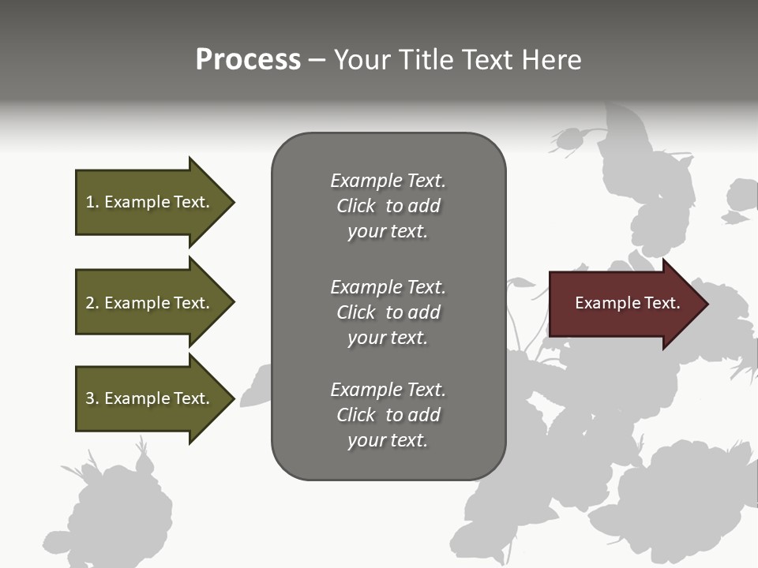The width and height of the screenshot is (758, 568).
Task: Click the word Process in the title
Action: [x=248, y=60]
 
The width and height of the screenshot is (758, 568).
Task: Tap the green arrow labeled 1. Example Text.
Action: [x=150, y=202]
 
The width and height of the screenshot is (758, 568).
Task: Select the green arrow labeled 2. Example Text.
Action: [x=150, y=303]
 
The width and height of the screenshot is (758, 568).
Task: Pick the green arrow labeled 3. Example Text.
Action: [x=150, y=398]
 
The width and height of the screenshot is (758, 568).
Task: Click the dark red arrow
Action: [x=624, y=304]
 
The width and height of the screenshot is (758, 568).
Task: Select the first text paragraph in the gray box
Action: [x=388, y=206]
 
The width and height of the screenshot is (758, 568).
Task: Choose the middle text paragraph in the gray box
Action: [x=388, y=312]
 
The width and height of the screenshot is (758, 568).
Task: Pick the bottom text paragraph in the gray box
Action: [x=388, y=415]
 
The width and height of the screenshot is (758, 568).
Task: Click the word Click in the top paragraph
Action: [x=355, y=206]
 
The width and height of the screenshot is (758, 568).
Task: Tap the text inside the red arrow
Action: [x=627, y=303]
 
